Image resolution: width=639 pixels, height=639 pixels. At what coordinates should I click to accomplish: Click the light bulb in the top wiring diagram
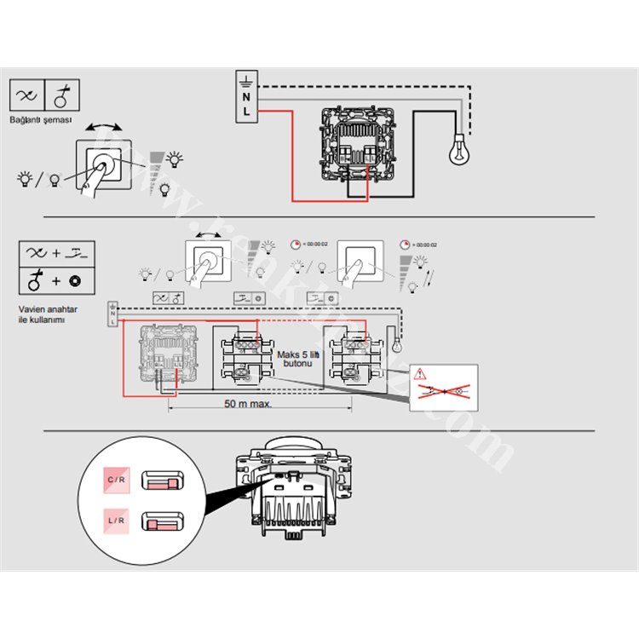[x=461, y=150]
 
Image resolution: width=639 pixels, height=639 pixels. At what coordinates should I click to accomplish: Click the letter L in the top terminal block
[x=246, y=112]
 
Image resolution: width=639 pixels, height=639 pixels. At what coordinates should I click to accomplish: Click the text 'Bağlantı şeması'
[x=41, y=120]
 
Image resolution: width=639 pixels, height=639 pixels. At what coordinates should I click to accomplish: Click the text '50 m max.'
[x=248, y=403]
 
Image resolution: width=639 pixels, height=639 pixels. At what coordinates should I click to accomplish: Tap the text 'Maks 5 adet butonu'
[x=295, y=358]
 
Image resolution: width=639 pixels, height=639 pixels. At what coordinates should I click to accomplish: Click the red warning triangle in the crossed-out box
[x=420, y=373]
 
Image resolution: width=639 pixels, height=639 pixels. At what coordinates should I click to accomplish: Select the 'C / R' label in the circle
[x=118, y=481]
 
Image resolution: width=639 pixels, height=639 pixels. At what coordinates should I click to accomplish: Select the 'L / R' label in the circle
[x=118, y=519]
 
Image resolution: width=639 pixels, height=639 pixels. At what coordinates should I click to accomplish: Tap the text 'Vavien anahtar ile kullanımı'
[x=42, y=314]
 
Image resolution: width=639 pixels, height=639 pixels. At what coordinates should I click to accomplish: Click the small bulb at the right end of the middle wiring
[x=395, y=347]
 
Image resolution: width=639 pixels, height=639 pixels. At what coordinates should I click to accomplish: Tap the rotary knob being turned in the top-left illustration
[x=106, y=161]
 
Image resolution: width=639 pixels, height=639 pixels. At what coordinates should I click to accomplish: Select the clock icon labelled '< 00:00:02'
[x=295, y=244]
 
